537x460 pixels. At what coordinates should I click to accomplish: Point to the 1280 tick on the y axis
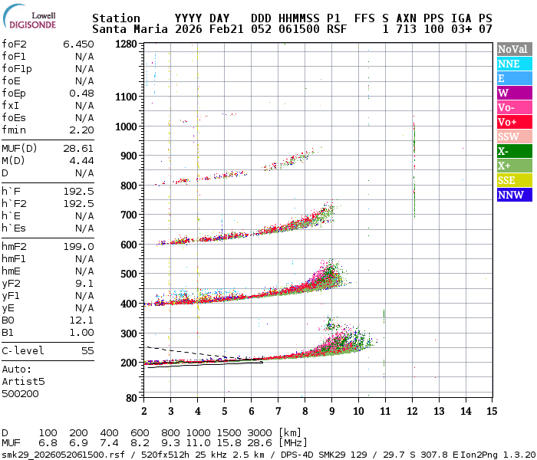pyautogui.click(x=126, y=44)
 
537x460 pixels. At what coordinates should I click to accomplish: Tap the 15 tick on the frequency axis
pyautogui.click(x=491, y=411)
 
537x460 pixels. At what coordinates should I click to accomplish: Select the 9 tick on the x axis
pyautogui.click(x=331, y=411)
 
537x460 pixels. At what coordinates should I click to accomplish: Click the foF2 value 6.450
pyautogui.click(x=78, y=44)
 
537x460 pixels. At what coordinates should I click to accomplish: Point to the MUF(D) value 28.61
pyautogui.click(x=78, y=148)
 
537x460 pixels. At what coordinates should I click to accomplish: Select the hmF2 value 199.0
pyautogui.click(x=78, y=246)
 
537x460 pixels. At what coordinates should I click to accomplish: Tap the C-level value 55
pyautogui.click(x=87, y=350)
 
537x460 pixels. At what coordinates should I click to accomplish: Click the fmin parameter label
pyautogui.click(x=14, y=130)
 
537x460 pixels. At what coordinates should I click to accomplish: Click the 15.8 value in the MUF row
pyautogui.click(x=231, y=444)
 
